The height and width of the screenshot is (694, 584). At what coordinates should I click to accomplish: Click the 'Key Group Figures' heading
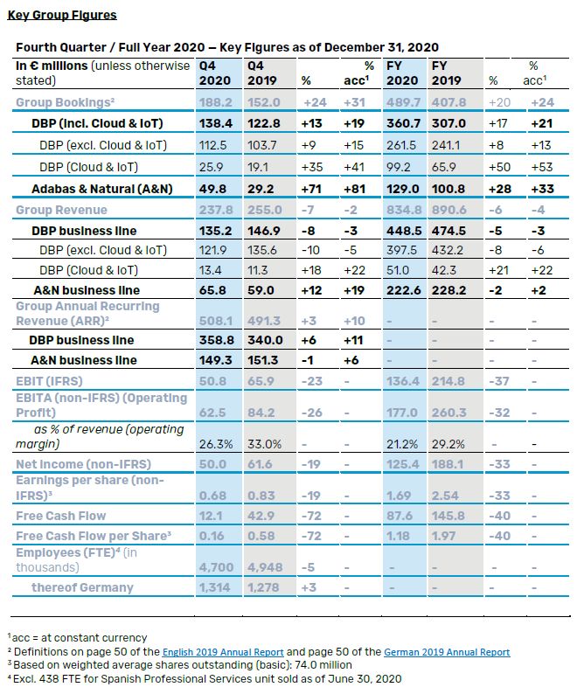[x=61, y=15]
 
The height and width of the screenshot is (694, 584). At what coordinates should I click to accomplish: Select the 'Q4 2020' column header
[x=214, y=73]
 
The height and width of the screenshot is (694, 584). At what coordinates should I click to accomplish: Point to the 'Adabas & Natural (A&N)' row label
[x=96, y=189]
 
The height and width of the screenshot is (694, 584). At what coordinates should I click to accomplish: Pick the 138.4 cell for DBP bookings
[x=215, y=123]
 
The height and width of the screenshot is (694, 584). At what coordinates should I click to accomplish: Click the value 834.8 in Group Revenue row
[x=402, y=210]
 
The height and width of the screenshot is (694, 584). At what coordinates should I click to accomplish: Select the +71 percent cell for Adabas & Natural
[x=314, y=189]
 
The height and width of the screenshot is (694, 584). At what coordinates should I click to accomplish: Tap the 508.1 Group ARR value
[x=215, y=320]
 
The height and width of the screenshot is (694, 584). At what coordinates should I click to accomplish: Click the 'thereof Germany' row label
[x=83, y=587]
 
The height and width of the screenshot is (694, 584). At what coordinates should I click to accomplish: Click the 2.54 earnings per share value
[x=445, y=496]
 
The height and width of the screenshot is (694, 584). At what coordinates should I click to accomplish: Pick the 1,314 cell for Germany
[x=215, y=587]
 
